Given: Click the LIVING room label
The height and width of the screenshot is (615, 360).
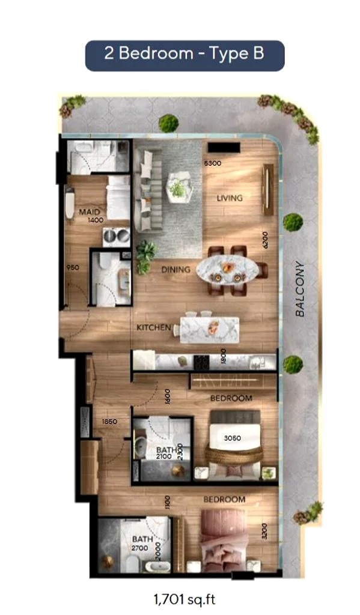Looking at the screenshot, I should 230,198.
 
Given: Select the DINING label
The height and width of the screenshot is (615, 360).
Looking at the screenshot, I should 175,270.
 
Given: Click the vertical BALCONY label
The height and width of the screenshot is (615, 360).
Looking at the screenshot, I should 300,288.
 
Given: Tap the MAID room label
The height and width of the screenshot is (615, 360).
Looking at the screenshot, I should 85,212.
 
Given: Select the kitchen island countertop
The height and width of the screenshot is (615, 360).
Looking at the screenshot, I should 209,329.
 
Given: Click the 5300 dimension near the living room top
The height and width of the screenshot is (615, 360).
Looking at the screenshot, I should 213,163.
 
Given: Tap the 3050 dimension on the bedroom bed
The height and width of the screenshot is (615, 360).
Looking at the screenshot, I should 233,438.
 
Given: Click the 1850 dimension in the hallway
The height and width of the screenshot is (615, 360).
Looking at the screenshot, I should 109,422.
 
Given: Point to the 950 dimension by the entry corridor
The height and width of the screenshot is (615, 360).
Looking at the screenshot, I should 73,268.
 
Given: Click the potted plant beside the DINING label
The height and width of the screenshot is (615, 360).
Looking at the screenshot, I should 145,255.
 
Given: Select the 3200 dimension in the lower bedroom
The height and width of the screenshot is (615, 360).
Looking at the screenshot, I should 264,531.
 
